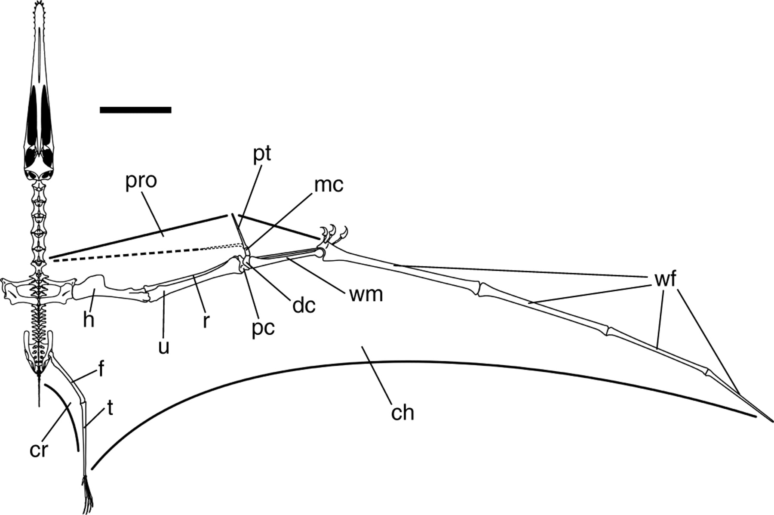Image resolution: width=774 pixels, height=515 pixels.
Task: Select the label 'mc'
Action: (x=329, y=185)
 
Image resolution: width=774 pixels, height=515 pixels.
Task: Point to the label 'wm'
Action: (x=366, y=295)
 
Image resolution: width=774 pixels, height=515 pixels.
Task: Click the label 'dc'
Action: (x=304, y=305)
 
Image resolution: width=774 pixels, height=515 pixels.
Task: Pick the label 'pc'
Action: (x=263, y=329)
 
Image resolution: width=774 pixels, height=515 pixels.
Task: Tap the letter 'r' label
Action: (x=206, y=321)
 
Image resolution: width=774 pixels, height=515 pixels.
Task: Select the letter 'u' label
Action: (x=163, y=346)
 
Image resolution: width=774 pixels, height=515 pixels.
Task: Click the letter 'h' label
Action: (x=89, y=320)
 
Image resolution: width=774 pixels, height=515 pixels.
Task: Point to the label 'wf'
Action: (x=665, y=280)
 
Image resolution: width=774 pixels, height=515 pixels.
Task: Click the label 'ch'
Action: (x=402, y=413)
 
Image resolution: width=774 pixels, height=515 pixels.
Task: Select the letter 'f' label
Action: (x=101, y=370)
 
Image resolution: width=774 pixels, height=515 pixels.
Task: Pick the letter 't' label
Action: (x=110, y=408)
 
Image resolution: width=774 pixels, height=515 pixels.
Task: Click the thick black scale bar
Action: (x=135, y=110)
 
